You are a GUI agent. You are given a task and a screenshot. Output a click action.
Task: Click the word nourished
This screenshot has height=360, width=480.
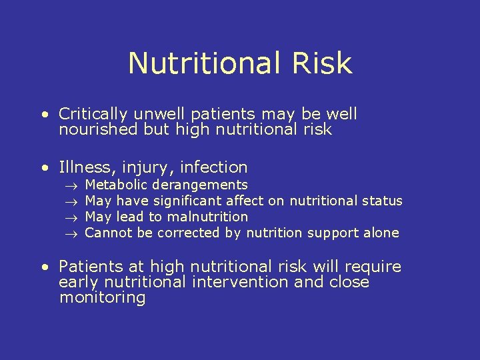[x=99, y=130]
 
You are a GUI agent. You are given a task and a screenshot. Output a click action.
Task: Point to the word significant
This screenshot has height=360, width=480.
[x=187, y=201]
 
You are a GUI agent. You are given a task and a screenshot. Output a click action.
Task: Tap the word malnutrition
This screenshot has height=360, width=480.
[x=208, y=217]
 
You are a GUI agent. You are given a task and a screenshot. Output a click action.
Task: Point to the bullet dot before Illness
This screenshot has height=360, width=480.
[x=45, y=167]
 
